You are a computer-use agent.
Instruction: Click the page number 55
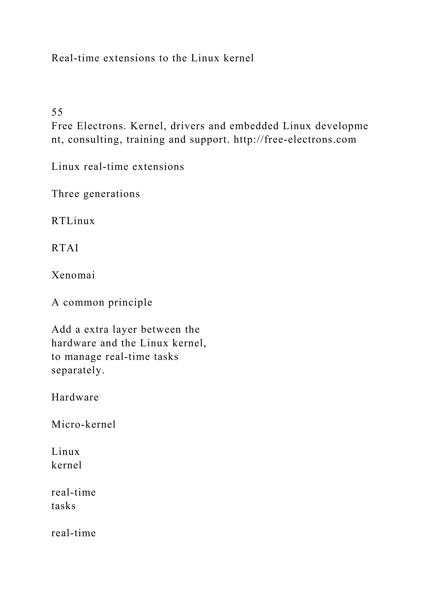(x=57, y=112)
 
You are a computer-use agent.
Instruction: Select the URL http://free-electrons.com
(x=295, y=139)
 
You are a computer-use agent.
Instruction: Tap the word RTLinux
(x=73, y=221)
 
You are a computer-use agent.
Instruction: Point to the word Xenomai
(x=73, y=275)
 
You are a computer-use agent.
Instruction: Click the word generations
(x=112, y=194)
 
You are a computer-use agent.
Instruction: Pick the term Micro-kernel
(x=83, y=424)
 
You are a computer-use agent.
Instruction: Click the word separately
(x=78, y=370)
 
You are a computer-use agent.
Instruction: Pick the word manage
(x=83, y=357)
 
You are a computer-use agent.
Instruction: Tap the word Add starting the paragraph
(x=61, y=330)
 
